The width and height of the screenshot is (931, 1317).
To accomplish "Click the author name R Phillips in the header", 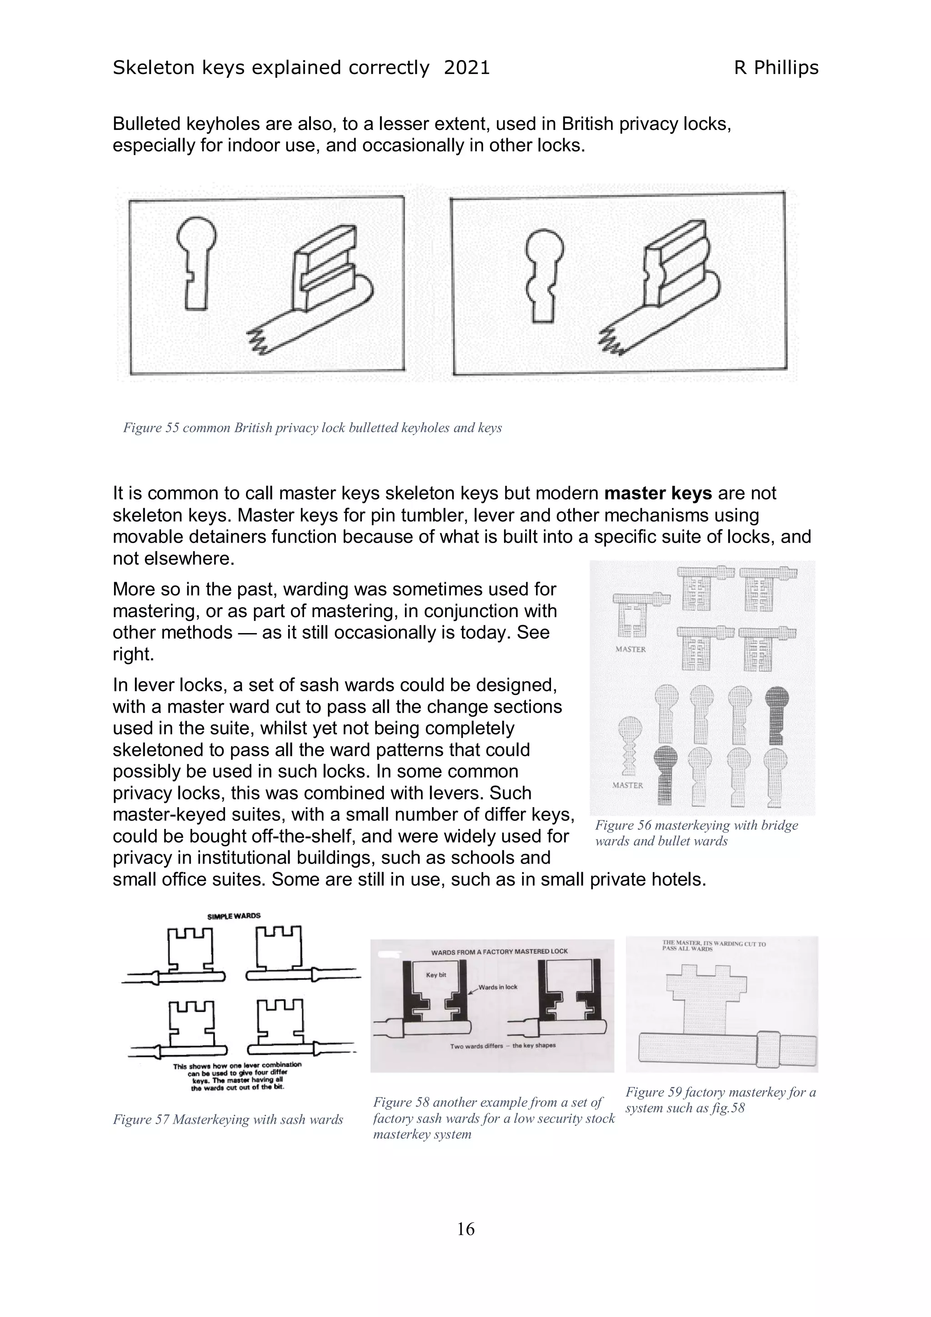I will pyautogui.click(x=776, y=68).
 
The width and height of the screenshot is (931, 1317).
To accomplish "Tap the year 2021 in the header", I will pyautogui.click(x=467, y=68).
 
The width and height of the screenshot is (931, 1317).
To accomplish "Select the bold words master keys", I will pyautogui.click(x=658, y=493).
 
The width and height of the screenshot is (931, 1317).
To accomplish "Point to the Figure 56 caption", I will pyautogui.click(x=696, y=833).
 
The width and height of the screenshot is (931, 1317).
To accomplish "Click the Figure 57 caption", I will pyautogui.click(x=228, y=1119).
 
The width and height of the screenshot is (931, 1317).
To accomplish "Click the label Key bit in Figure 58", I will pyautogui.click(x=436, y=974).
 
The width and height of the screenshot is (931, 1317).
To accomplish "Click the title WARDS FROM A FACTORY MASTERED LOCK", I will pyautogui.click(x=499, y=951).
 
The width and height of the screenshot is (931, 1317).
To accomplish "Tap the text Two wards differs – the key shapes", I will pyautogui.click(x=502, y=1045).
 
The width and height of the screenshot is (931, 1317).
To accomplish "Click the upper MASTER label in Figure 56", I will pyautogui.click(x=631, y=649).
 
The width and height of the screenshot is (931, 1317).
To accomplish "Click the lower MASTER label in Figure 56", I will pyautogui.click(x=627, y=785).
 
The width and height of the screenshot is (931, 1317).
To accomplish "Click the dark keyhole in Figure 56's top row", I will pyautogui.click(x=777, y=714).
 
